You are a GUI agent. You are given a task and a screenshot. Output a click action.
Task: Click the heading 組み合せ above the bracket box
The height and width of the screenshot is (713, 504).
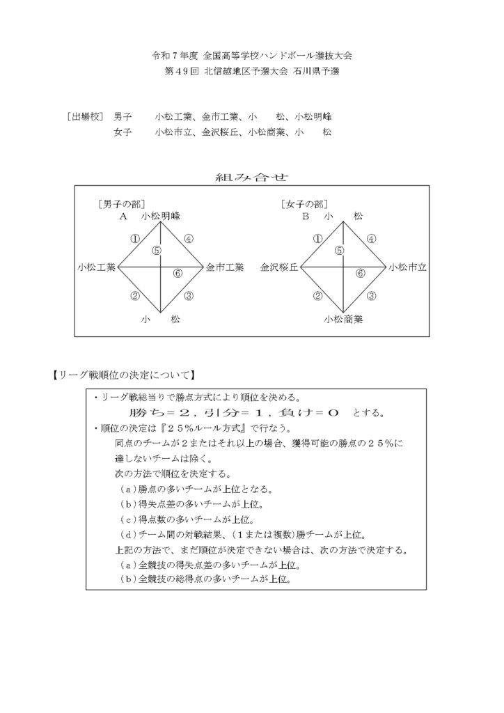point(252,178)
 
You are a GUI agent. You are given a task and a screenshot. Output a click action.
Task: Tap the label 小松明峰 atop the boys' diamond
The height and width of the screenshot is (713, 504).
point(162,217)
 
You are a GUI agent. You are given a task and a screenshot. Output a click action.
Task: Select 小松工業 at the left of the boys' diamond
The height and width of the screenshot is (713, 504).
point(97,267)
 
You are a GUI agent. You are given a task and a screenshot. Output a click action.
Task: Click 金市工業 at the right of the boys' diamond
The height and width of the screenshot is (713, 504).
point(224,267)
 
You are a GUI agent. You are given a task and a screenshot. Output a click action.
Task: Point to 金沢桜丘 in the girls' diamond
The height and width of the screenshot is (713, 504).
point(279,267)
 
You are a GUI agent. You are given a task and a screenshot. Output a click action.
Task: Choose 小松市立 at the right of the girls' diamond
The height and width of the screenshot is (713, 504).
point(407,267)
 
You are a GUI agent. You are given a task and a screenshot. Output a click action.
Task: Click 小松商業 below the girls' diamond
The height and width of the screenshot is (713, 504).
point(342,320)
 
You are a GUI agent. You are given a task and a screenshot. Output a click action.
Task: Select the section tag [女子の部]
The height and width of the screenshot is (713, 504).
point(304,204)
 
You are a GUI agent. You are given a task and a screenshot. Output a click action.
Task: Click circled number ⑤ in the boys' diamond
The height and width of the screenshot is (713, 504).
point(157,250)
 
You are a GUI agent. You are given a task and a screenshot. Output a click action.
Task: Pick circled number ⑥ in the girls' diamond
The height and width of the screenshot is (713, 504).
point(361,273)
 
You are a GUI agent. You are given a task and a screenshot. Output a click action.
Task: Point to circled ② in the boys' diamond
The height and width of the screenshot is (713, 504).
point(134,296)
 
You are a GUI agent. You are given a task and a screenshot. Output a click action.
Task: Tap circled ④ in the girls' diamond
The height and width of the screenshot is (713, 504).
point(371,239)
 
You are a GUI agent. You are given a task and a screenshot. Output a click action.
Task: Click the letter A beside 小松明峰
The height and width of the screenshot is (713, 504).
point(123,217)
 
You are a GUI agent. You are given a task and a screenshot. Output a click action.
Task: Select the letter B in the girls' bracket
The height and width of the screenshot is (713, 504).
point(305,217)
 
